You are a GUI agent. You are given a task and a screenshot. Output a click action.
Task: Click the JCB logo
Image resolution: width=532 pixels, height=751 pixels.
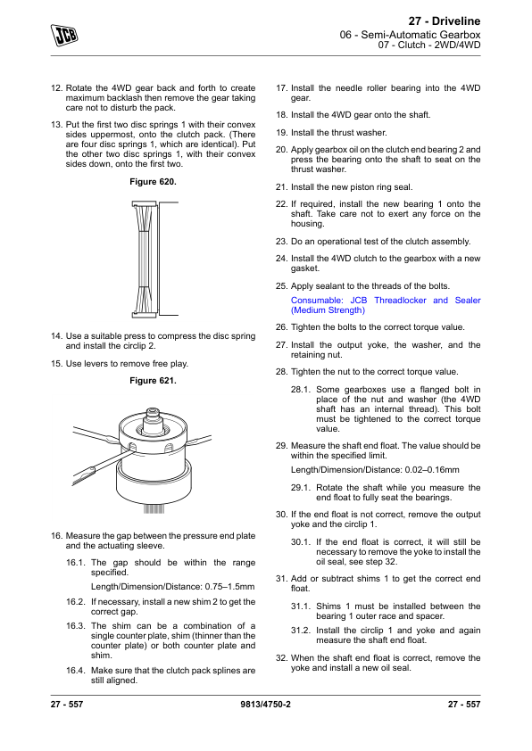[x=64, y=36]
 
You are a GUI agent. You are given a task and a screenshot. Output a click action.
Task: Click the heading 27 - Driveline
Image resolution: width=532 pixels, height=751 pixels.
[x=445, y=21]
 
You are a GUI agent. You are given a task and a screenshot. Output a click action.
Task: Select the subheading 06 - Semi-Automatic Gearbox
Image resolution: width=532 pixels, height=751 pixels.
[x=410, y=35]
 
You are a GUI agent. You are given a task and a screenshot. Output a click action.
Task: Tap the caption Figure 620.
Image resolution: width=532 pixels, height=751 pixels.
[x=153, y=182]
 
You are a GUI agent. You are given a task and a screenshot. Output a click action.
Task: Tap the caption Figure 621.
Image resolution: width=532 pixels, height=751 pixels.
[x=153, y=381]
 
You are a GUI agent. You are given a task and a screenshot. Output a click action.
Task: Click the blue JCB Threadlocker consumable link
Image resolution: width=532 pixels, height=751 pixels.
[x=386, y=305]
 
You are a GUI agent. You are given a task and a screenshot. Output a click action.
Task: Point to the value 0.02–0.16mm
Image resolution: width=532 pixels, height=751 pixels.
[x=432, y=470]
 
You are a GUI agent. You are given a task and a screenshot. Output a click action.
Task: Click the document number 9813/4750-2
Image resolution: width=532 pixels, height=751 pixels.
[x=265, y=704]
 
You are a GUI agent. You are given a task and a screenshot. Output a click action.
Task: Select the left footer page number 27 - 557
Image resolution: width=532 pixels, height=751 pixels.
[x=67, y=704]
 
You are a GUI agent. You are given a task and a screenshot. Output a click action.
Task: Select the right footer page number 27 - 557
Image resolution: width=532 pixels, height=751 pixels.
[x=464, y=704]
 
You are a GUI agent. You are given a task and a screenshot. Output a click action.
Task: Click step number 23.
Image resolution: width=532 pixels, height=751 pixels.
[x=281, y=242]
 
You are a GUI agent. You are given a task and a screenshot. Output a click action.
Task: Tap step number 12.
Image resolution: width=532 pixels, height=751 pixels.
[x=56, y=88]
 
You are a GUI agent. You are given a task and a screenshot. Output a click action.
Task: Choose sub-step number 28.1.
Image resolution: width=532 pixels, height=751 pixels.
[x=301, y=390]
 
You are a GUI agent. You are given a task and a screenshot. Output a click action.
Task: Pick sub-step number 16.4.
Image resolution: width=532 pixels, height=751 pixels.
[x=76, y=671]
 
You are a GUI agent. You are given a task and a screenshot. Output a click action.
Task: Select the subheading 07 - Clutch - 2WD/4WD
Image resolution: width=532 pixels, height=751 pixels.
[x=429, y=45]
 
